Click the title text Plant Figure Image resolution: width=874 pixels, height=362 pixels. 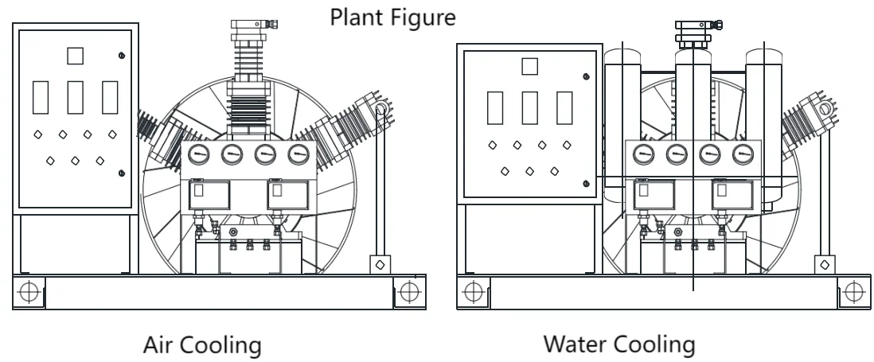(393, 16)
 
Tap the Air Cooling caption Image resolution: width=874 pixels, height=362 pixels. (201, 344)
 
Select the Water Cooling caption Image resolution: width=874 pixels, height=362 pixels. (618, 344)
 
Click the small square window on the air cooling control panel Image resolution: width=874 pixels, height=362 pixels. (75, 56)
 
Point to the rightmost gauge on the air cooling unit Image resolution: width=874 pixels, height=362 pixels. (298, 154)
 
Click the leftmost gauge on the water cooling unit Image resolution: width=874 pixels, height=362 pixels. (642, 154)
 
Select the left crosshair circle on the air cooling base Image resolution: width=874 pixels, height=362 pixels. (29, 291)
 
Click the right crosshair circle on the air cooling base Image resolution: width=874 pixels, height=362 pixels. (408, 291)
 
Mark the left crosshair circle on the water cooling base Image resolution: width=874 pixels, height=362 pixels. (473, 291)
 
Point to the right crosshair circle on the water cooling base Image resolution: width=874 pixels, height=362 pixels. (853, 291)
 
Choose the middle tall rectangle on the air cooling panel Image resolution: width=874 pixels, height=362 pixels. (76, 96)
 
